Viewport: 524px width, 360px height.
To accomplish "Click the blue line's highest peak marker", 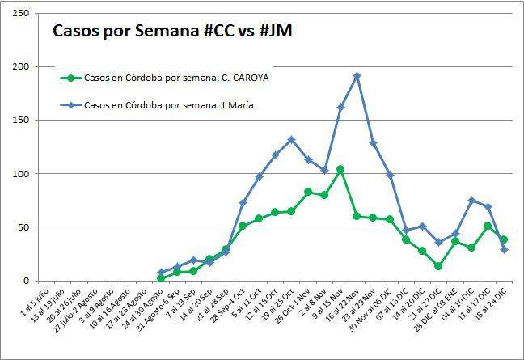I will click(x=357, y=75).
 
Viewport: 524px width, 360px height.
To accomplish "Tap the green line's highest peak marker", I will click(x=340, y=169).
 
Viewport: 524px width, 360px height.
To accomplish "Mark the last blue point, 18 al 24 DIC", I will click(x=504, y=249).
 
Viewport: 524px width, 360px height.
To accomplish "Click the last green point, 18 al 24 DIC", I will click(x=504, y=239).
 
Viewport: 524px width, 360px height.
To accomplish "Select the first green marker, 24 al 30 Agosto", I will click(x=161, y=278).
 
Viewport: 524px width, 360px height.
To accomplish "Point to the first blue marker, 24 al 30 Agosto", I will click(x=161, y=273).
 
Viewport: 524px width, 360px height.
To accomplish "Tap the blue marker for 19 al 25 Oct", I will click(x=291, y=140).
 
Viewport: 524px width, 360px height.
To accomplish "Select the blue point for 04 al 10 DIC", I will click(x=471, y=200).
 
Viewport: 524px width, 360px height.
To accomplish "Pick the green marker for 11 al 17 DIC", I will click(x=488, y=226).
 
